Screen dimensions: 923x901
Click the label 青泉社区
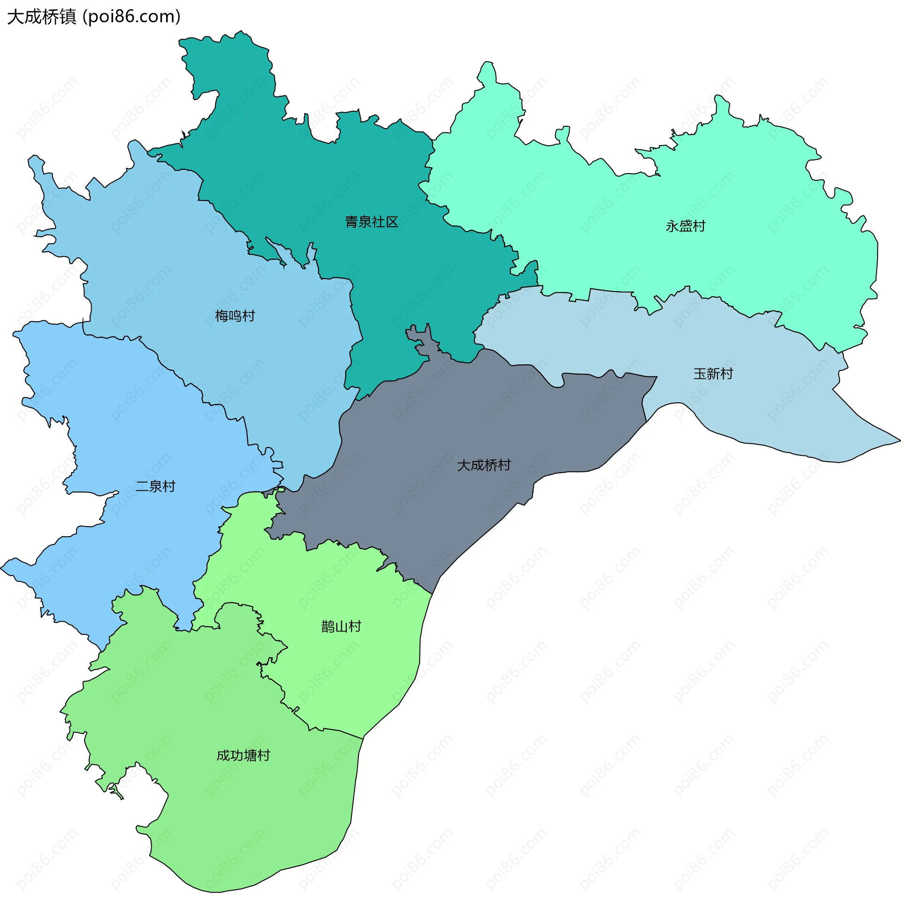372,222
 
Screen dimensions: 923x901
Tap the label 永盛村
685,226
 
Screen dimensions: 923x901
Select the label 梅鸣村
235,315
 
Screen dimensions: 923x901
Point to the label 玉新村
713,374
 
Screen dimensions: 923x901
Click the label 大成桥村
484,465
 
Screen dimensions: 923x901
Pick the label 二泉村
155,486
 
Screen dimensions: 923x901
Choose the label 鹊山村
341,627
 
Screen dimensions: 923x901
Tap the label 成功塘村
243,755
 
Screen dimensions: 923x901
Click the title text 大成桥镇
42,17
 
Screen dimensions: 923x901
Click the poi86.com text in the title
131,17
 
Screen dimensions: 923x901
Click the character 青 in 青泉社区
351,222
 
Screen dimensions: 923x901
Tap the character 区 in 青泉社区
392,222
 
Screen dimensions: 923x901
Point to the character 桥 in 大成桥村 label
491,465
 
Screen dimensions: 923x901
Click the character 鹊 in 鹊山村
328,627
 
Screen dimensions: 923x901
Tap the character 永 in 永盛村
672,226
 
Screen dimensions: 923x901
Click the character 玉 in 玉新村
700,374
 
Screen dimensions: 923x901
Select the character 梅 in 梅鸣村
221,315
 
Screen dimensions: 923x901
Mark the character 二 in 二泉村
142,486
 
